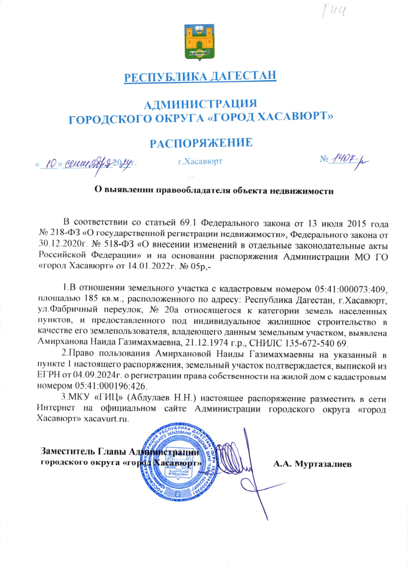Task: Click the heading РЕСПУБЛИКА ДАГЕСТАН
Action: coord(200,77)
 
